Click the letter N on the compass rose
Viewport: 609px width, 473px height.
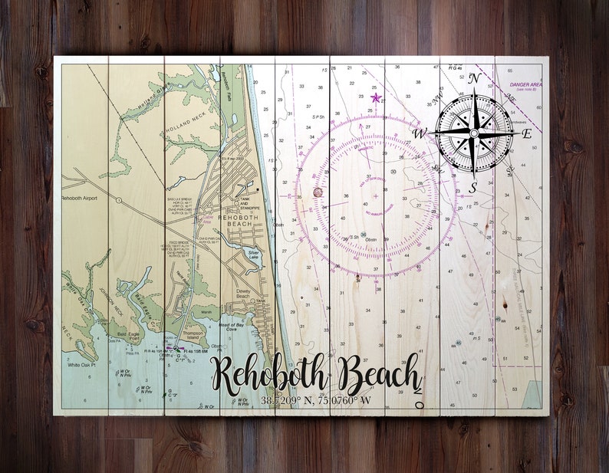(474, 78)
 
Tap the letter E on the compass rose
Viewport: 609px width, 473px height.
(526, 133)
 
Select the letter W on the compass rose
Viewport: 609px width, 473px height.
(420, 133)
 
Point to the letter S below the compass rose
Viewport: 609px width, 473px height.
(473, 186)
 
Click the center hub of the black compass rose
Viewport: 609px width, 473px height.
(473, 133)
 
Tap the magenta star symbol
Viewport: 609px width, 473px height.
(375, 97)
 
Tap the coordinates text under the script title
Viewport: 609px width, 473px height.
(315, 400)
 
